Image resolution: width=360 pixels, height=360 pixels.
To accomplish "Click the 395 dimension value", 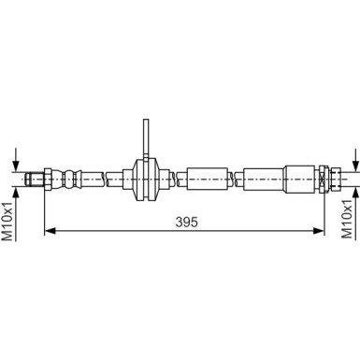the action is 186,223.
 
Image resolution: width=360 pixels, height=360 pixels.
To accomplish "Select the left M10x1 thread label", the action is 7,222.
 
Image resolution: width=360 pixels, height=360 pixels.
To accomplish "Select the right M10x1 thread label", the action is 347,219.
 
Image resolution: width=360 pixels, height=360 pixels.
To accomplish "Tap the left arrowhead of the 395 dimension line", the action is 50,231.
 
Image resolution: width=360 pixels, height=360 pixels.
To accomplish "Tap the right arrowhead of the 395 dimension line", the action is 319,231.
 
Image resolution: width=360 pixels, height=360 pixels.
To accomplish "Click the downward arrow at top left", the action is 17,160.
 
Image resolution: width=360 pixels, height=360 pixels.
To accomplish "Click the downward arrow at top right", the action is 355,160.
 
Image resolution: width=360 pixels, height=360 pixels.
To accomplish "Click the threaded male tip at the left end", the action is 34,180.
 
